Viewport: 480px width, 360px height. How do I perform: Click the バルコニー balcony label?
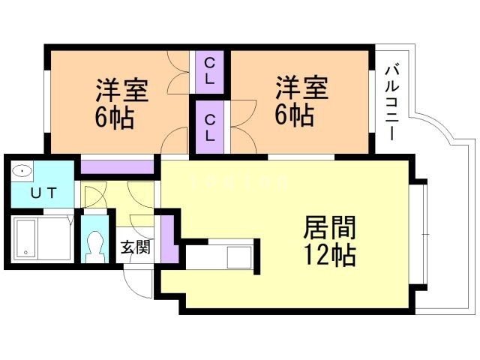[391, 102]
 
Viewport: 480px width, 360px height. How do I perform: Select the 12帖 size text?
[329, 255]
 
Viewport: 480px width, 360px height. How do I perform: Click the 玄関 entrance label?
[136, 246]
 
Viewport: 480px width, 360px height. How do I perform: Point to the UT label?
[42, 193]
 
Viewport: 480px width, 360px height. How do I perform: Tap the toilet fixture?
[95, 244]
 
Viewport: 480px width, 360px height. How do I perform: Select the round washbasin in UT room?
[22, 171]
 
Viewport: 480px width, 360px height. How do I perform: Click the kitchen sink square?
[240, 256]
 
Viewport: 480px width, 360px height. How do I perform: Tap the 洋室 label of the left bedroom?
[121, 89]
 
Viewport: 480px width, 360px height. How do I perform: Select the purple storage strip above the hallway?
[115, 167]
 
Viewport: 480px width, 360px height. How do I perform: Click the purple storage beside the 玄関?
[167, 238]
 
